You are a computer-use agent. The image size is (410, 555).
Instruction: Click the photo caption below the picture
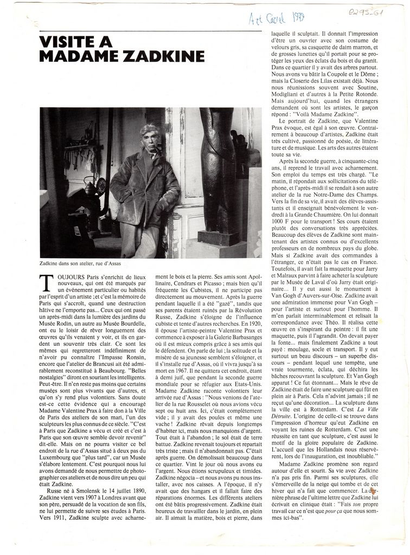click(x=80, y=263)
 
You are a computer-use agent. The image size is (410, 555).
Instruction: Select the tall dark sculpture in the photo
click(x=216, y=173)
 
